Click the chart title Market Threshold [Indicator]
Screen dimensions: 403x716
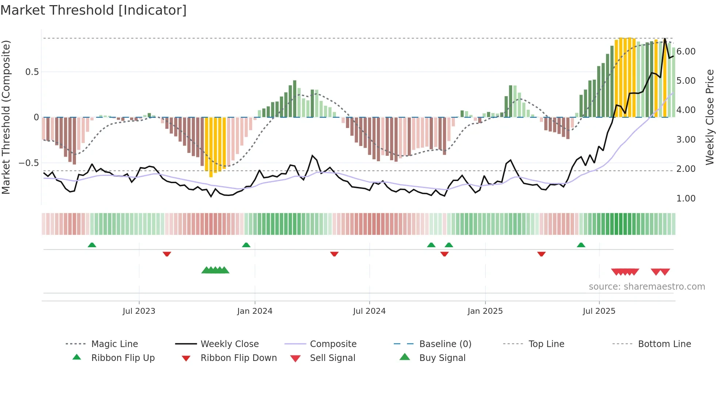[94, 10]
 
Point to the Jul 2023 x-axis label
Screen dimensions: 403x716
[139, 311]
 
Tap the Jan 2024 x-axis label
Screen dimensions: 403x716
[255, 311]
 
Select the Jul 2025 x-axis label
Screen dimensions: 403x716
[599, 311]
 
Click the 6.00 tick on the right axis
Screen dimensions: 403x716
[686, 52]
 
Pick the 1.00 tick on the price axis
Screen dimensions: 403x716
[686, 199]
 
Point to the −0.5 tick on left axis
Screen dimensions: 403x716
[28, 163]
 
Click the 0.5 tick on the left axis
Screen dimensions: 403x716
[32, 72]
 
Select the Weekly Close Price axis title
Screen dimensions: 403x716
[709, 117]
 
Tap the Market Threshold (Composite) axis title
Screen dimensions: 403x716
[6, 117]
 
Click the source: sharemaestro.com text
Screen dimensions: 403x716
[647, 287]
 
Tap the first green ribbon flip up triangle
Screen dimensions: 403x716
[92, 245]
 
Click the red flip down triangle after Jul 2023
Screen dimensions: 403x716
[167, 254]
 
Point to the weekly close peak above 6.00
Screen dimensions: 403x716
[665, 39]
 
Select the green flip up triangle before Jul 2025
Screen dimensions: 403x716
[581, 245]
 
